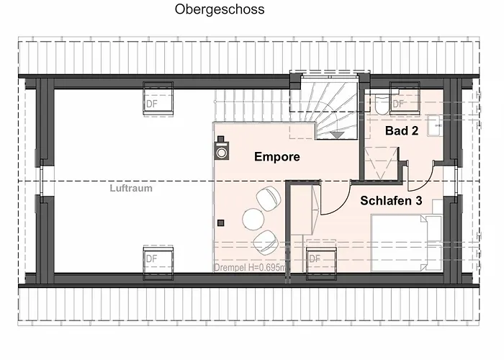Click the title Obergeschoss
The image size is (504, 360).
pyautogui.click(x=220, y=9)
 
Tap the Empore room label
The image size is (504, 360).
pyautogui.click(x=277, y=156)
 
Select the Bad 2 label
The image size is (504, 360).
pyautogui.click(x=402, y=130)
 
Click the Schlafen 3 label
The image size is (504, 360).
pyautogui.click(x=391, y=200)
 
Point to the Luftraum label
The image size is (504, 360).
pyautogui.click(x=131, y=188)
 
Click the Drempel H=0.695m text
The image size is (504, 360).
pyautogui.click(x=250, y=267)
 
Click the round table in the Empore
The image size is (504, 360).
pyautogui.click(x=253, y=219)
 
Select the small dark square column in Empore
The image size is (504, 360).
pyautogui.click(x=221, y=222)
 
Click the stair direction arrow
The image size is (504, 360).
pyautogui.click(x=337, y=135)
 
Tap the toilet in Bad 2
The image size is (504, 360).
pyautogui.click(x=382, y=104)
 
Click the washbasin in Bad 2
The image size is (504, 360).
pyautogui.click(x=436, y=125)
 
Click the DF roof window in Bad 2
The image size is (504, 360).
pyautogui.click(x=405, y=99)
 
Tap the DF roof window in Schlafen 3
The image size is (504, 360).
pyautogui.click(x=321, y=259)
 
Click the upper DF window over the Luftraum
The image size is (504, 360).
pyautogui.click(x=158, y=99)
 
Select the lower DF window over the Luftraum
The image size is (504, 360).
pyautogui.click(x=158, y=262)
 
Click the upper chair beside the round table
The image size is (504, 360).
pyautogui.click(x=269, y=199)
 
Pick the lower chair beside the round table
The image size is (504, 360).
pyautogui.click(x=265, y=242)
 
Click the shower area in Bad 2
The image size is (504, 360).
pyautogui.click(x=382, y=163)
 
